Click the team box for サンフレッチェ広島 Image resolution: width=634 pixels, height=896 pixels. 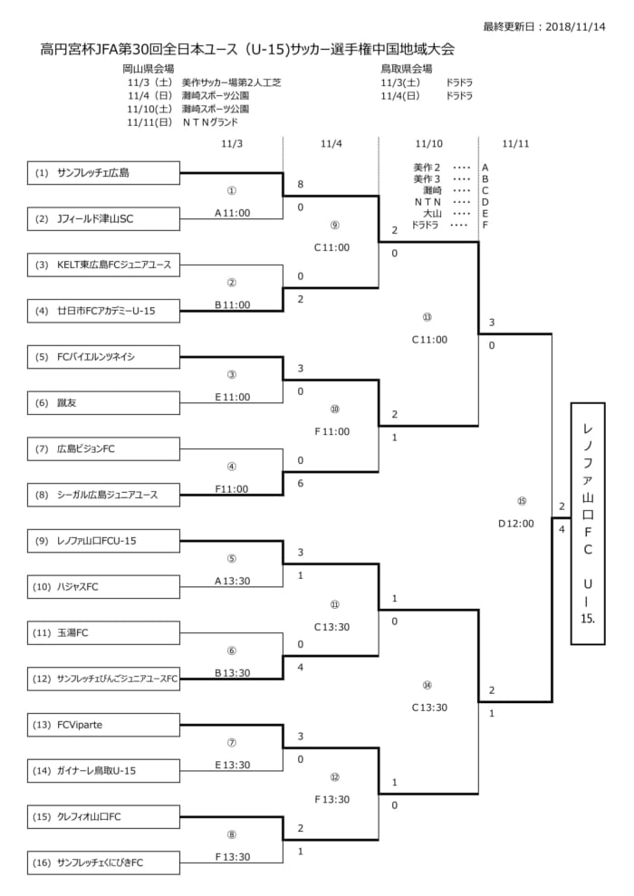coord(104,172)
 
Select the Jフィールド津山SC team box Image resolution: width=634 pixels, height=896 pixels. coord(104,218)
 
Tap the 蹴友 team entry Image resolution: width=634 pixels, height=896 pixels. coord(104,402)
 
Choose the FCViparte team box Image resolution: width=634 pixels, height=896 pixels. coord(104,725)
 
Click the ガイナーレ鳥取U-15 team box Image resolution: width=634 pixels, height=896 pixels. coord(104,771)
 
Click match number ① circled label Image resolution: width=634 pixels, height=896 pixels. coord(232,192)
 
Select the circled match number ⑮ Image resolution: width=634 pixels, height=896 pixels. coord(521,500)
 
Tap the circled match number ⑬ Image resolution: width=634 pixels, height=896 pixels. coord(427,317)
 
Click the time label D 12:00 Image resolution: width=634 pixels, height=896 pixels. coord(516,523)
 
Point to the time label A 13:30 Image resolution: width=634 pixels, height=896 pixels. coord(232,581)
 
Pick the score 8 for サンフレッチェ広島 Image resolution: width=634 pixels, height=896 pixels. coord(300,184)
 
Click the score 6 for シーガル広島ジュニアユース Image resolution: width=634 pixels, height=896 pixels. coord(300,483)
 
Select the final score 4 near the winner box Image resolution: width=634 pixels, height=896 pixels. coord(562,528)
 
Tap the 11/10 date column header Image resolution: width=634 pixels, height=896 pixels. coord(428,143)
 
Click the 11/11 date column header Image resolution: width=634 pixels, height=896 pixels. coord(515,143)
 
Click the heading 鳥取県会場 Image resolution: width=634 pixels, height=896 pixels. coord(407,69)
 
